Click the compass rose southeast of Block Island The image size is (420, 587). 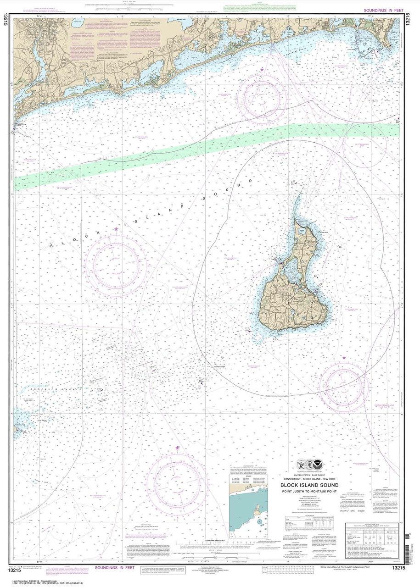(x=342, y=384)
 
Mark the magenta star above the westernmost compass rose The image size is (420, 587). (x=116, y=229)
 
